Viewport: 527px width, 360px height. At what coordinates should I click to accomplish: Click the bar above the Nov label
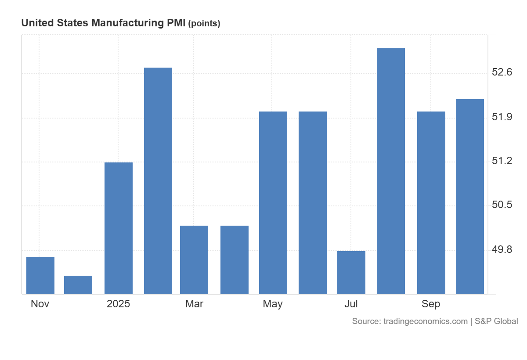point(40,276)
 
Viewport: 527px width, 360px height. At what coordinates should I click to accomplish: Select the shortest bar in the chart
point(78,285)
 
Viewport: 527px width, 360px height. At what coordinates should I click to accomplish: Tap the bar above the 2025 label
point(119,228)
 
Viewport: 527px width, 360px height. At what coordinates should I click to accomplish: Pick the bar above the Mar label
point(194,260)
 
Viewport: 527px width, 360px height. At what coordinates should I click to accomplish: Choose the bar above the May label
point(273,203)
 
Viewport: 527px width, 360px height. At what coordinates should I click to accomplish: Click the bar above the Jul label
point(351,273)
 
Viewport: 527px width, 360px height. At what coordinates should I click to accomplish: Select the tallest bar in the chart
point(391,171)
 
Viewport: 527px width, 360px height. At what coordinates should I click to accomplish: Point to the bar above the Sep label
point(431,203)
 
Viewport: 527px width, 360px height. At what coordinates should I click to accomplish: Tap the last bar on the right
point(470,197)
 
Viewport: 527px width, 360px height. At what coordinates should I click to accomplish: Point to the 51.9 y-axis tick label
point(502,117)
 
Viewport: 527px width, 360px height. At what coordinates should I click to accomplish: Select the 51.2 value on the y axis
point(502,161)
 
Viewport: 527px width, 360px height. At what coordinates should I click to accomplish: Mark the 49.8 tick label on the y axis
point(502,250)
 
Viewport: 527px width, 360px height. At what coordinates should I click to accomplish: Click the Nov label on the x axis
point(40,304)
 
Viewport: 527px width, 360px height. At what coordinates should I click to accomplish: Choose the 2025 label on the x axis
point(119,304)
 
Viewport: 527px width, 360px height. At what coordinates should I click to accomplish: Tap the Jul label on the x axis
point(351,304)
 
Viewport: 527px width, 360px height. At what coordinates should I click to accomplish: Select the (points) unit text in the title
point(204,24)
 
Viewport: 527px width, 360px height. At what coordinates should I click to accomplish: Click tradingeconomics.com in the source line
point(426,321)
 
